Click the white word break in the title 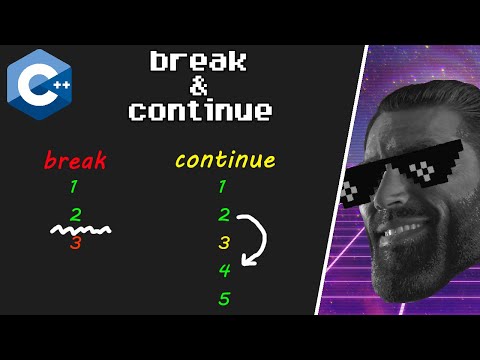(x=199, y=61)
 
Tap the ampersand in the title (x=199, y=85)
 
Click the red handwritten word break (x=74, y=159)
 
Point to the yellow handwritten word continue (x=224, y=160)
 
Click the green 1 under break (x=75, y=186)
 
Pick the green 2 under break (x=75, y=213)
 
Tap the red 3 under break (x=75, y=241)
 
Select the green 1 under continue (x=222, y=186)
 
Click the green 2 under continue (x=225, y=214)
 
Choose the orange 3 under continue (x=225, y=242)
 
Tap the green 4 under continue (x=225, y=269)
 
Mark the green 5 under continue (x=225, y=298)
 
